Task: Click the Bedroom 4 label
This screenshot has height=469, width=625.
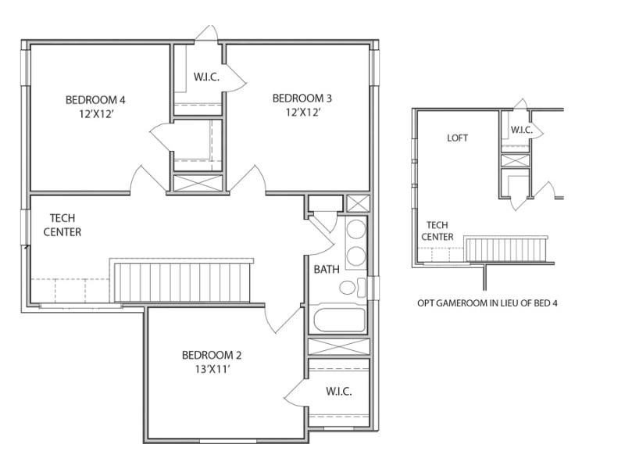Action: tap(95, 99)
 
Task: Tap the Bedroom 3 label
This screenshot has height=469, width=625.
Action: tap(302, 98)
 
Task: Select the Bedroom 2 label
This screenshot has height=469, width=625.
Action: tap(212, 353)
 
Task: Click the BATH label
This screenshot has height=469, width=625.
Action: tap(327, 270)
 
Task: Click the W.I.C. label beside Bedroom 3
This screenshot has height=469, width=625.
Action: tap(206, 77)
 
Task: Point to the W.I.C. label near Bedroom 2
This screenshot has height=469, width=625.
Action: tap(338, 391)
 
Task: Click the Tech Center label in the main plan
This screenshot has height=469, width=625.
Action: tap(62, 225)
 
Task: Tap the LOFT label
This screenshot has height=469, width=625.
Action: tap(458, 138)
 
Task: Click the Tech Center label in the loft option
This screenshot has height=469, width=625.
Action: tap(437, 231)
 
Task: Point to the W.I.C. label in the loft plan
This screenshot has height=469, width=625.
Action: tap(522, 130)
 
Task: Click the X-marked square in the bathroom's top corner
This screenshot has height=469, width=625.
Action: tap(356, 204)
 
